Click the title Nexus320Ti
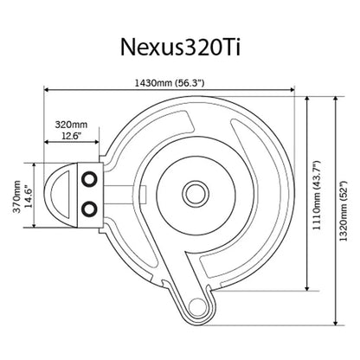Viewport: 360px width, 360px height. (179, 42)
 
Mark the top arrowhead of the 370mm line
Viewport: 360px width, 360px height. (35, 163)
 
